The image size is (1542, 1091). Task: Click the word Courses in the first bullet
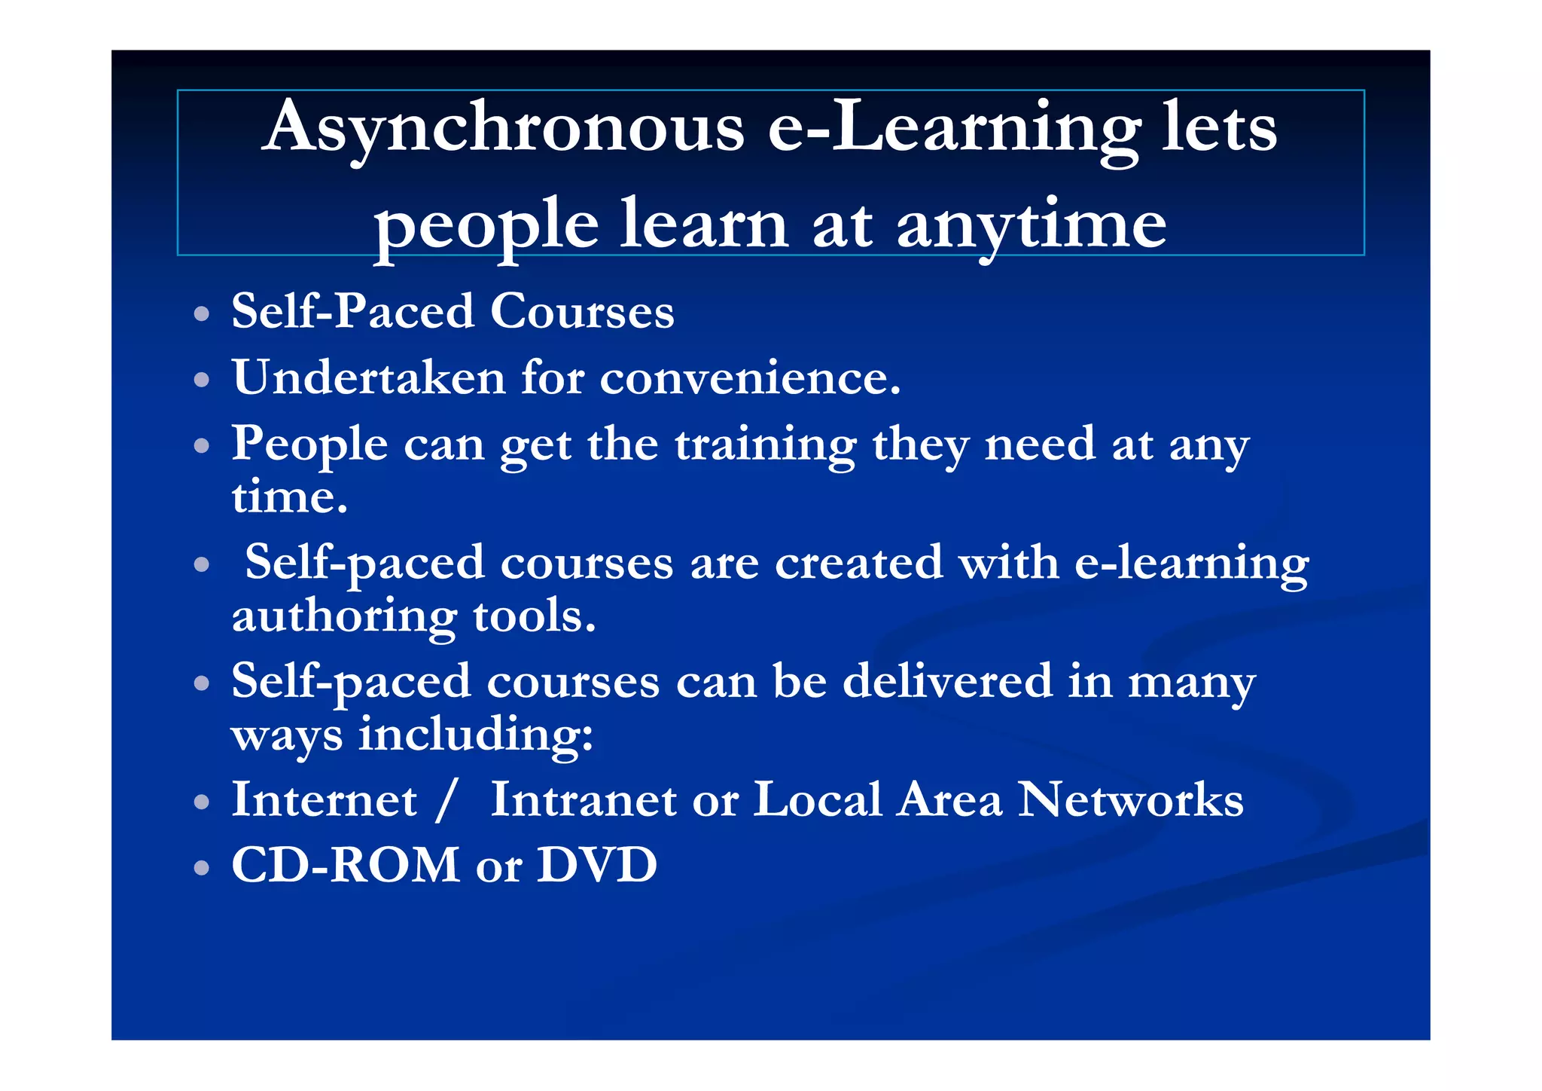582,311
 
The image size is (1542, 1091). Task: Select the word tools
535,616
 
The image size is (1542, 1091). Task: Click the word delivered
947,681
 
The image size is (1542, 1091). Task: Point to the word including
475,735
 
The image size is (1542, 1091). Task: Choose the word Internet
324,800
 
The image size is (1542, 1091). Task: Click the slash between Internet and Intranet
446,801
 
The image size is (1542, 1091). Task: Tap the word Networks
1130,800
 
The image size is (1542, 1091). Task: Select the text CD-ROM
346,865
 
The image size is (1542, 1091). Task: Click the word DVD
597,865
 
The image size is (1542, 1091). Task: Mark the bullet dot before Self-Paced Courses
201,313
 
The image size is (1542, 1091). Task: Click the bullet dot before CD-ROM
201,868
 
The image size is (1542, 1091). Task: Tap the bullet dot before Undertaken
201,380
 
